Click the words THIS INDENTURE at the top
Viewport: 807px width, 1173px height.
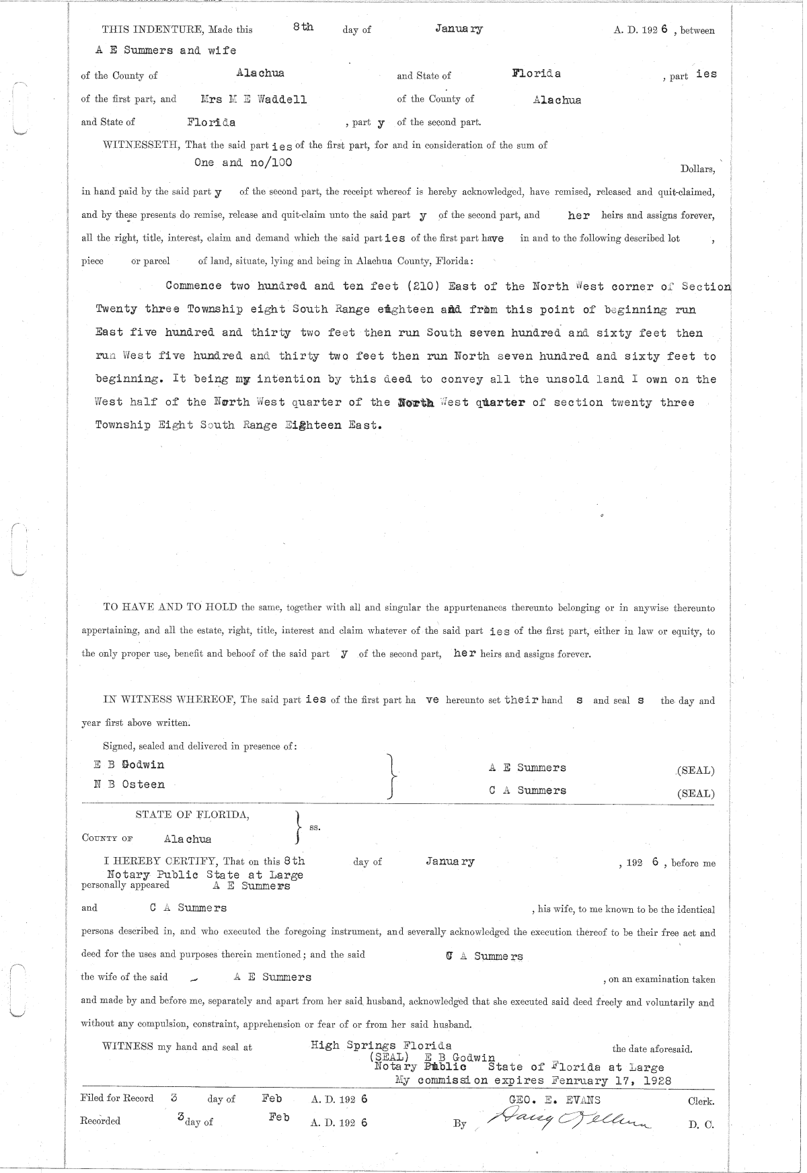153,30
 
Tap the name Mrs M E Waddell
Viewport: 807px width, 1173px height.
254,99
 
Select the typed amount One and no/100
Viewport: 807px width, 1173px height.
243,162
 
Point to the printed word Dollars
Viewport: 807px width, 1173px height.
697,169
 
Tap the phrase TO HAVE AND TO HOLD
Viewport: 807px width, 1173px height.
170,608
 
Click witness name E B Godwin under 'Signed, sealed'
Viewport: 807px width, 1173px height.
128,764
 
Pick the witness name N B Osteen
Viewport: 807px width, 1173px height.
128,784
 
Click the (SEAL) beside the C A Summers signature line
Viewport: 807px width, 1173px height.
695,793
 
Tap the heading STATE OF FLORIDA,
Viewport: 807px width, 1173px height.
192,815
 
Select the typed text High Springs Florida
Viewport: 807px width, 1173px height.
381,1045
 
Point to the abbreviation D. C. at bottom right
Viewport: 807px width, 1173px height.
700,1125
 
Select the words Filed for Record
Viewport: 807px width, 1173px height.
116,1098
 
